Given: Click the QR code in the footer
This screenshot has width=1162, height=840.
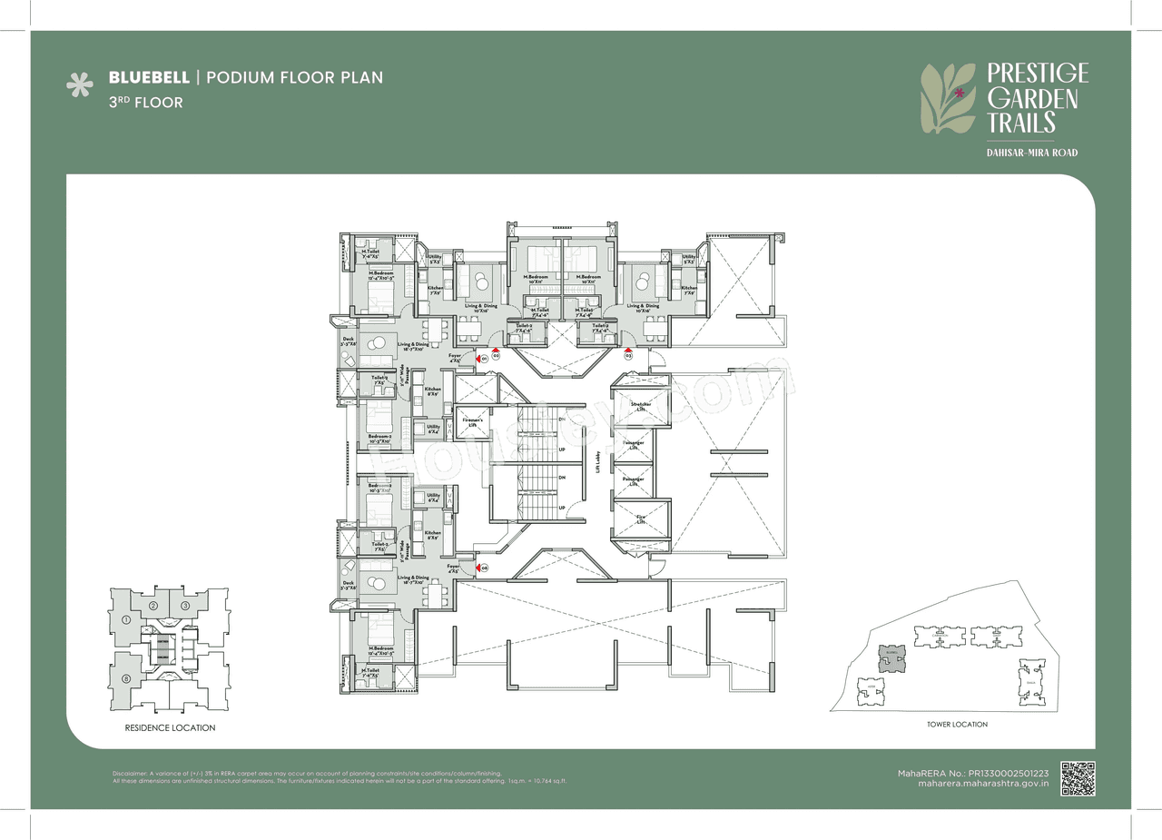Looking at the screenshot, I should pyautogui.click(x=1078, y=778).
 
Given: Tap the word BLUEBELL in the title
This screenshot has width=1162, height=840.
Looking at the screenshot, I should pyautogui.click(x=149, y=77).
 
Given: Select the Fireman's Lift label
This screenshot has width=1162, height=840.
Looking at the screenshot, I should pyautogui.click(x=472, y=422).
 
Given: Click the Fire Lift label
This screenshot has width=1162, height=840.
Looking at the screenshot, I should pyautogui.click(x=641, y=519).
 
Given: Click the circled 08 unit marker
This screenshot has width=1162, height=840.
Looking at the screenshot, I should pyautogui.click(x=485, y=568).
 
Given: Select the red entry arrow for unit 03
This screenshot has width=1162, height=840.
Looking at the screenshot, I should pyautogui.click(x=627, y=348).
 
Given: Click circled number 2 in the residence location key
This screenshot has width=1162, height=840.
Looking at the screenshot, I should pyautogui.click(x=154, y=606).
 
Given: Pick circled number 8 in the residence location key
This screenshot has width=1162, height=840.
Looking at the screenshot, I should pyautogui.click(x=125, y=679).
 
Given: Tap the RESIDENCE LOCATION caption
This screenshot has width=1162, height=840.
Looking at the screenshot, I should pyautogui.click(x=170, y=728).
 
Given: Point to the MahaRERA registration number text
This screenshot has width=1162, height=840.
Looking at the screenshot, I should pyautogui.click(x=973, y=771).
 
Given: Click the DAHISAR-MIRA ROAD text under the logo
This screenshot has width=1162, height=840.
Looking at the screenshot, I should pyautogui.click(x=1031, y=153).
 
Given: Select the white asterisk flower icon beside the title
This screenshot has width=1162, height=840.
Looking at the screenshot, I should pyautogui.click(x=80, y=86).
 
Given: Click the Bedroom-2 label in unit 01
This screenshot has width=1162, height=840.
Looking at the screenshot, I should pyautogui.click(x=380, y=437).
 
